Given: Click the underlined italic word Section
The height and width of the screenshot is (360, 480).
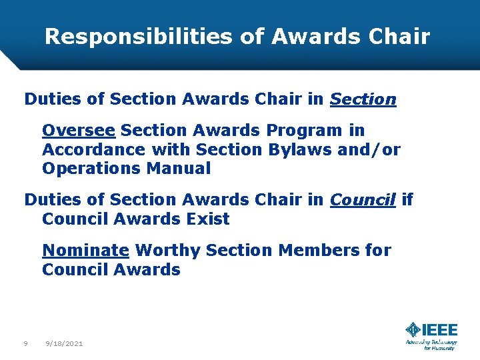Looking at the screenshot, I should (x=363, y=100).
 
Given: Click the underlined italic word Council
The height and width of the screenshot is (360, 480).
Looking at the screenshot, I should (x=363, y=199).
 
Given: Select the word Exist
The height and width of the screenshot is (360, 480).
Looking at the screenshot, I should (x=208, y=219).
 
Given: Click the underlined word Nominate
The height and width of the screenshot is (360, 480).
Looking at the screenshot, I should (x=85, y=250).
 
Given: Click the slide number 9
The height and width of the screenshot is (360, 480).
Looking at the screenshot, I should (x=25, y=343).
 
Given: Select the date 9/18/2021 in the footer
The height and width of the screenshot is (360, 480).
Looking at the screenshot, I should (x=64, y=343).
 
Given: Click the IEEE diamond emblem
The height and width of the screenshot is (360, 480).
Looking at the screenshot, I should (x=413, y=329).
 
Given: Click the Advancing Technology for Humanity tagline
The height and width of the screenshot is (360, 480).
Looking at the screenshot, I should (x=431, y=344).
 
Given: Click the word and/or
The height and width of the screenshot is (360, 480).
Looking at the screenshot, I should (x=369, y=149).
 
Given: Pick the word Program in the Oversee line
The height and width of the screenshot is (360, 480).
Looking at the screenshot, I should (x=302, y=130).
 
